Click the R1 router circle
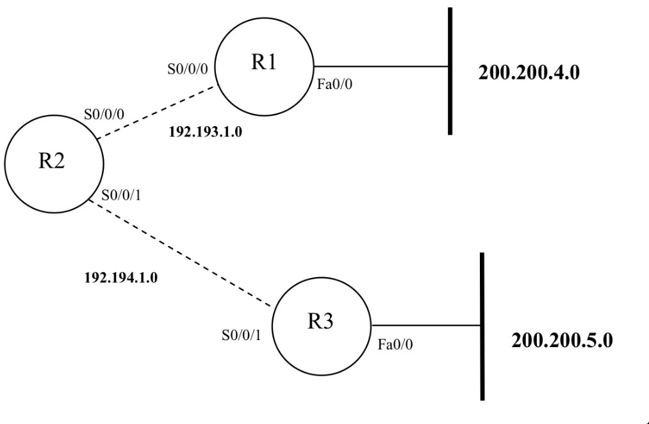click(x=263, y=65)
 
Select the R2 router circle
click(x=53, y=163)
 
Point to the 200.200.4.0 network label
click(x=529, y=72)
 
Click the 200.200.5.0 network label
click(x=561, y=339)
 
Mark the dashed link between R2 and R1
click(x=157, y=111)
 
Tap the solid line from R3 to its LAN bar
click(x=425, y=325)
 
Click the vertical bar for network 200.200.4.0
click(x=450, y=102)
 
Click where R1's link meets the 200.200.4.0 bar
click(x=450, y=66)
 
